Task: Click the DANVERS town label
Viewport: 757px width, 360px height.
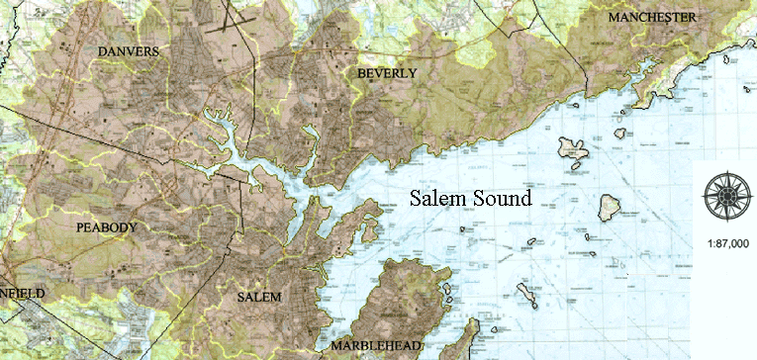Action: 129,50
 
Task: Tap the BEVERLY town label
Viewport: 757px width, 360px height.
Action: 386,74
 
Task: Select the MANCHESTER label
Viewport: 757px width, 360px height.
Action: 653,19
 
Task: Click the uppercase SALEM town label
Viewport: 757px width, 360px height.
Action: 260,298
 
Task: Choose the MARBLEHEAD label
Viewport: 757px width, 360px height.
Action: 376,346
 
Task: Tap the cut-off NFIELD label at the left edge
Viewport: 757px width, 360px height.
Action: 16,294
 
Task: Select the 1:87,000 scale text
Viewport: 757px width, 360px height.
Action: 727,243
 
